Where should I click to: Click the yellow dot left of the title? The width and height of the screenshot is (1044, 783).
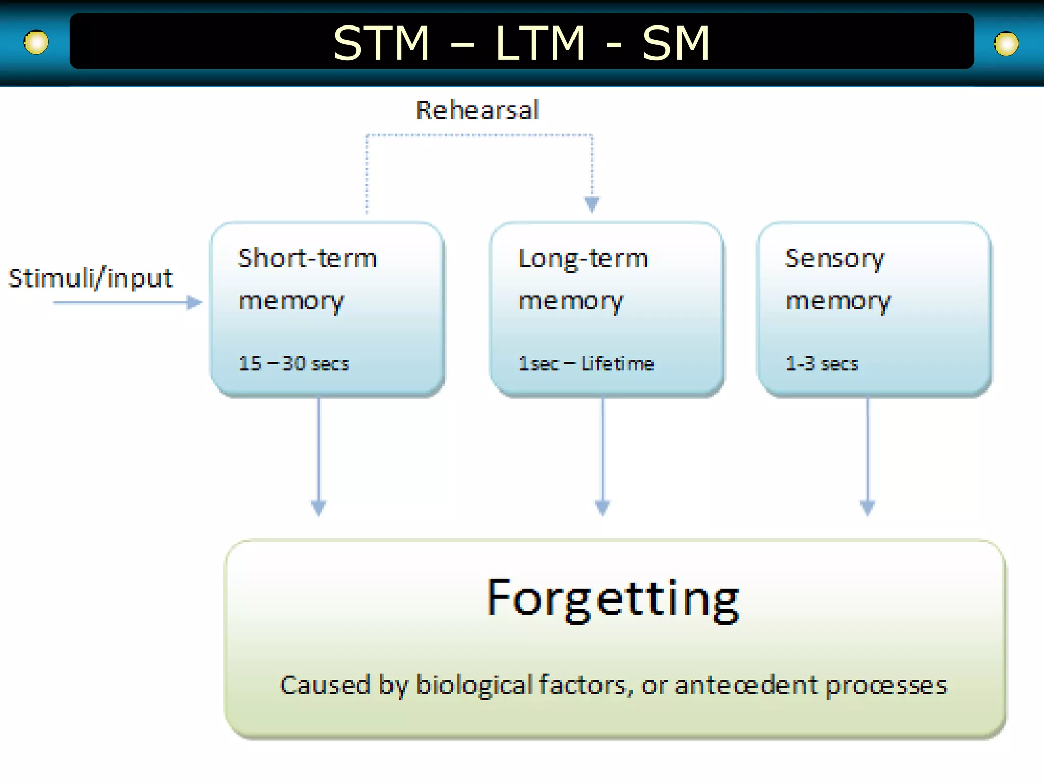coord(36,42)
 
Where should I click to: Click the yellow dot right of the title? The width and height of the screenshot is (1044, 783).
coord(1006,44)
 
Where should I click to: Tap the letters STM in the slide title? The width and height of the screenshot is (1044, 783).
coord(381,44)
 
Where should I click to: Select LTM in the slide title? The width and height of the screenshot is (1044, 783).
coord(540,44)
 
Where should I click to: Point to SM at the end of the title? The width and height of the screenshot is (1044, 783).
coord(675,44)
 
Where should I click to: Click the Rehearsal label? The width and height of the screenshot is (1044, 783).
coord(478,111)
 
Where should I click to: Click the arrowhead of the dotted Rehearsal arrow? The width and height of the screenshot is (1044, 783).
coord(592,204)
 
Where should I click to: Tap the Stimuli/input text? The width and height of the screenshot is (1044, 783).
coord(91,278)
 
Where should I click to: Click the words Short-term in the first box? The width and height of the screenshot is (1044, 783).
coord(307,258)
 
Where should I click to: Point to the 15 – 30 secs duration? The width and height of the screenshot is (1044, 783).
coord(294,363)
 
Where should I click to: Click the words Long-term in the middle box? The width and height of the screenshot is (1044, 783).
coord(583,259)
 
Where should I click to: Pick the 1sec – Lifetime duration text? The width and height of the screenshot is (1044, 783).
coord(586,363)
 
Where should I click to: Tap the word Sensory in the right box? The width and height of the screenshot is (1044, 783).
coord(835,259)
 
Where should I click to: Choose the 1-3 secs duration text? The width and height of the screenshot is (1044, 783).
coord(822,363)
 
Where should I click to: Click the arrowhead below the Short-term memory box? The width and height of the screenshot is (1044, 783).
coord(319,507)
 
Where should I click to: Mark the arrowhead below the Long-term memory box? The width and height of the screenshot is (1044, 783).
coord(603,507)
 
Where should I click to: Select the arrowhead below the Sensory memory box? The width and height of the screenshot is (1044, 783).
coord(868,507)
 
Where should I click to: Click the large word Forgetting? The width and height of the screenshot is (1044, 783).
coord(613,599)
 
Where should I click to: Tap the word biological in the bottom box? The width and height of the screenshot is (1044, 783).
coord(474,685)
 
